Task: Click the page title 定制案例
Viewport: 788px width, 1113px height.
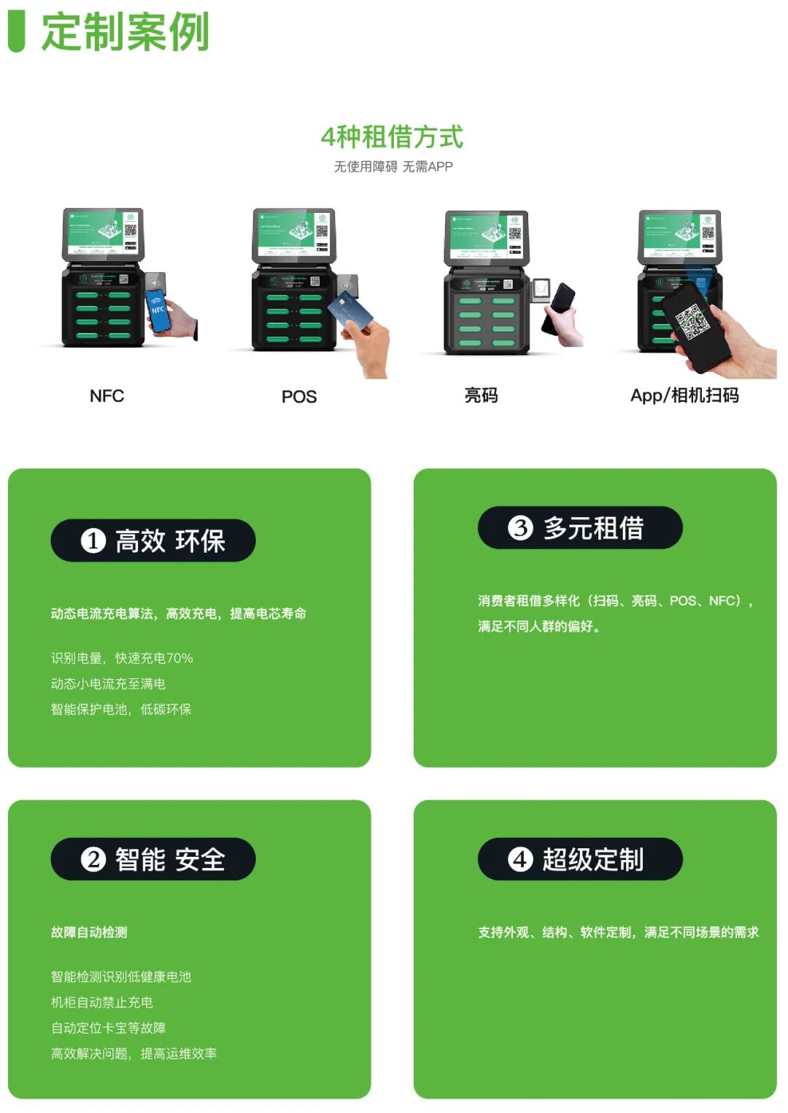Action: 125,32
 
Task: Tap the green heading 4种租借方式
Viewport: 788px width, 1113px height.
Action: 393,136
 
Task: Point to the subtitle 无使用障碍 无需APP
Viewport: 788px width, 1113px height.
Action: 393,167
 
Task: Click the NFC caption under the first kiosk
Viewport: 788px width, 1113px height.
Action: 107,396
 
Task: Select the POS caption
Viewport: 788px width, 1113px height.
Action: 299,397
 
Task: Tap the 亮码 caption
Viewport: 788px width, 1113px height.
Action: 481,395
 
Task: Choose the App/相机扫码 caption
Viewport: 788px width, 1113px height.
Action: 684,395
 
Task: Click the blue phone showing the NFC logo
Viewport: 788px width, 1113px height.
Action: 158,310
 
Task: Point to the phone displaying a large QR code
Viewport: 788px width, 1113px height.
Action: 695,325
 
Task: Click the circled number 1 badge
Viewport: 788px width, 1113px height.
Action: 93,540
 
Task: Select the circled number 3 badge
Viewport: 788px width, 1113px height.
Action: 520,527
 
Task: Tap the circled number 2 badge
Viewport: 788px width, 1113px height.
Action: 93,859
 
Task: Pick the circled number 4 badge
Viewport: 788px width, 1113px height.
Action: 520,859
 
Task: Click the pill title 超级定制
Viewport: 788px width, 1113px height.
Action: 592,859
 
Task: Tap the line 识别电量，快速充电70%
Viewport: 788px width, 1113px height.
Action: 122,658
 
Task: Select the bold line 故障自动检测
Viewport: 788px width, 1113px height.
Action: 89,932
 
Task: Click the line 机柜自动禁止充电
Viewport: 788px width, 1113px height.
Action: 101,1002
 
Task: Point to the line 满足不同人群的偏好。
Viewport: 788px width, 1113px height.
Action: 539,627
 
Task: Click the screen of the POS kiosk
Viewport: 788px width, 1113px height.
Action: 293,233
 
